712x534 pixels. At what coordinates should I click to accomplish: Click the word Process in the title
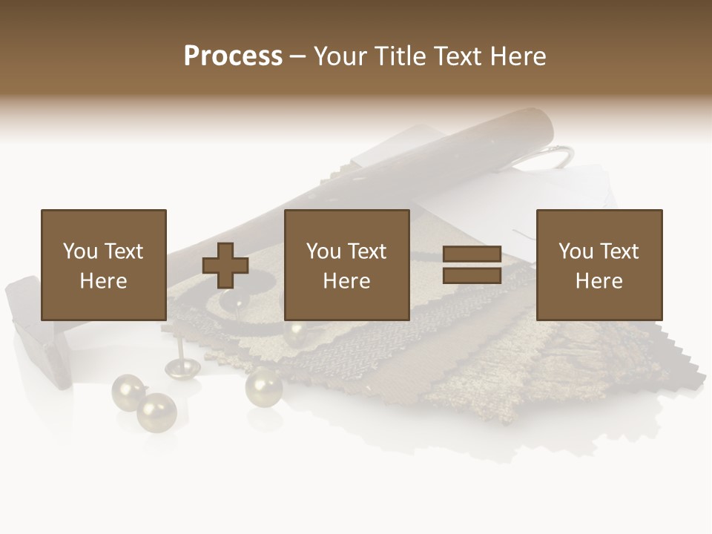(233, 56)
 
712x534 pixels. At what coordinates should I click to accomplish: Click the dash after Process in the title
(298, 56)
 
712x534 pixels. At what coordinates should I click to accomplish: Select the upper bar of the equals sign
(472, 254)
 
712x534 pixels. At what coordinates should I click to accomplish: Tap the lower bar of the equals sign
(472, 276)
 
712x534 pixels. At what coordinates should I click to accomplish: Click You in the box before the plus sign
(79, 251)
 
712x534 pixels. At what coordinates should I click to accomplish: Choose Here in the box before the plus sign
(103, 281)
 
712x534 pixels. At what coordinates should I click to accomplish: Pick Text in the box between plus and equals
(366, 251)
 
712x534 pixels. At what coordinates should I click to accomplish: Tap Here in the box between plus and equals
(346, 281)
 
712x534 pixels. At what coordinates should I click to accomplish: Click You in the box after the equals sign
(576, 251)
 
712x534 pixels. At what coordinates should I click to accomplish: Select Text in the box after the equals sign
(619, 251)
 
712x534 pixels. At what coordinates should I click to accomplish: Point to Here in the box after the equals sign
(599, 281)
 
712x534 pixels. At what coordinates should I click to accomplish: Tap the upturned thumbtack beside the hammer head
(177, 363)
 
